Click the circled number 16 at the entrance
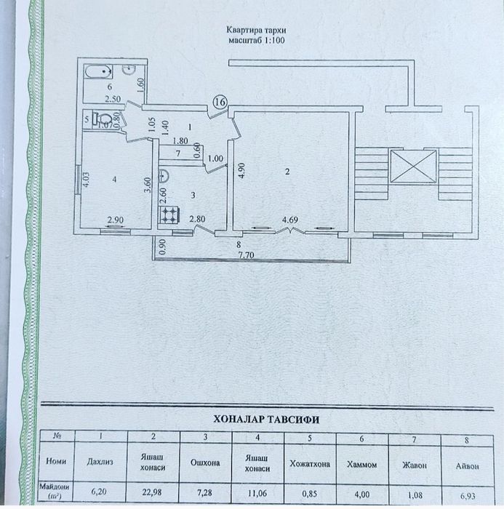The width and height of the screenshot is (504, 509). (220, 102)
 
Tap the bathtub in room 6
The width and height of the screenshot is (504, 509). (98, 71)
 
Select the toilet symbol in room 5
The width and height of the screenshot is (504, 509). (102, 119)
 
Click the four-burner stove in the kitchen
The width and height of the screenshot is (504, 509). (169, 215)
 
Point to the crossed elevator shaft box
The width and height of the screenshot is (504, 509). (413, 167)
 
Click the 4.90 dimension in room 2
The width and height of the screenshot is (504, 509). (243, 170)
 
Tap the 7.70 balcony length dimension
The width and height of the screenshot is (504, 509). (246, 255)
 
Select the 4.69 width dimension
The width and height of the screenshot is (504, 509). (289, 220)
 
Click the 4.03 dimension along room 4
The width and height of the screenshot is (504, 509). (86, 180)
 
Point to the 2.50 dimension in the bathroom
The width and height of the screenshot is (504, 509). (113, 99)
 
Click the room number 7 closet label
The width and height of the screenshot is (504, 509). (178, 153)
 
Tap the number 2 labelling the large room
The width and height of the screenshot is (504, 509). (287, 172)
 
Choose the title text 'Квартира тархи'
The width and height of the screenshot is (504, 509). (256, 31)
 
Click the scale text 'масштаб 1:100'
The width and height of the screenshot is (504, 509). (257, 40)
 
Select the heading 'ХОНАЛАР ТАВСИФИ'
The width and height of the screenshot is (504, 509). (266, 420)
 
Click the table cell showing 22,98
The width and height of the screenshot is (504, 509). (153, 492)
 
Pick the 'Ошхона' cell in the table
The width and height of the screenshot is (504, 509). (205, 463)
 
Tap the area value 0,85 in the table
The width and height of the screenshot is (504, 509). (310, 494)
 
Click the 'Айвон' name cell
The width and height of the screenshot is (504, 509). (467, 466)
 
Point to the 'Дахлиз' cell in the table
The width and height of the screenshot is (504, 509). (100, 462)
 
